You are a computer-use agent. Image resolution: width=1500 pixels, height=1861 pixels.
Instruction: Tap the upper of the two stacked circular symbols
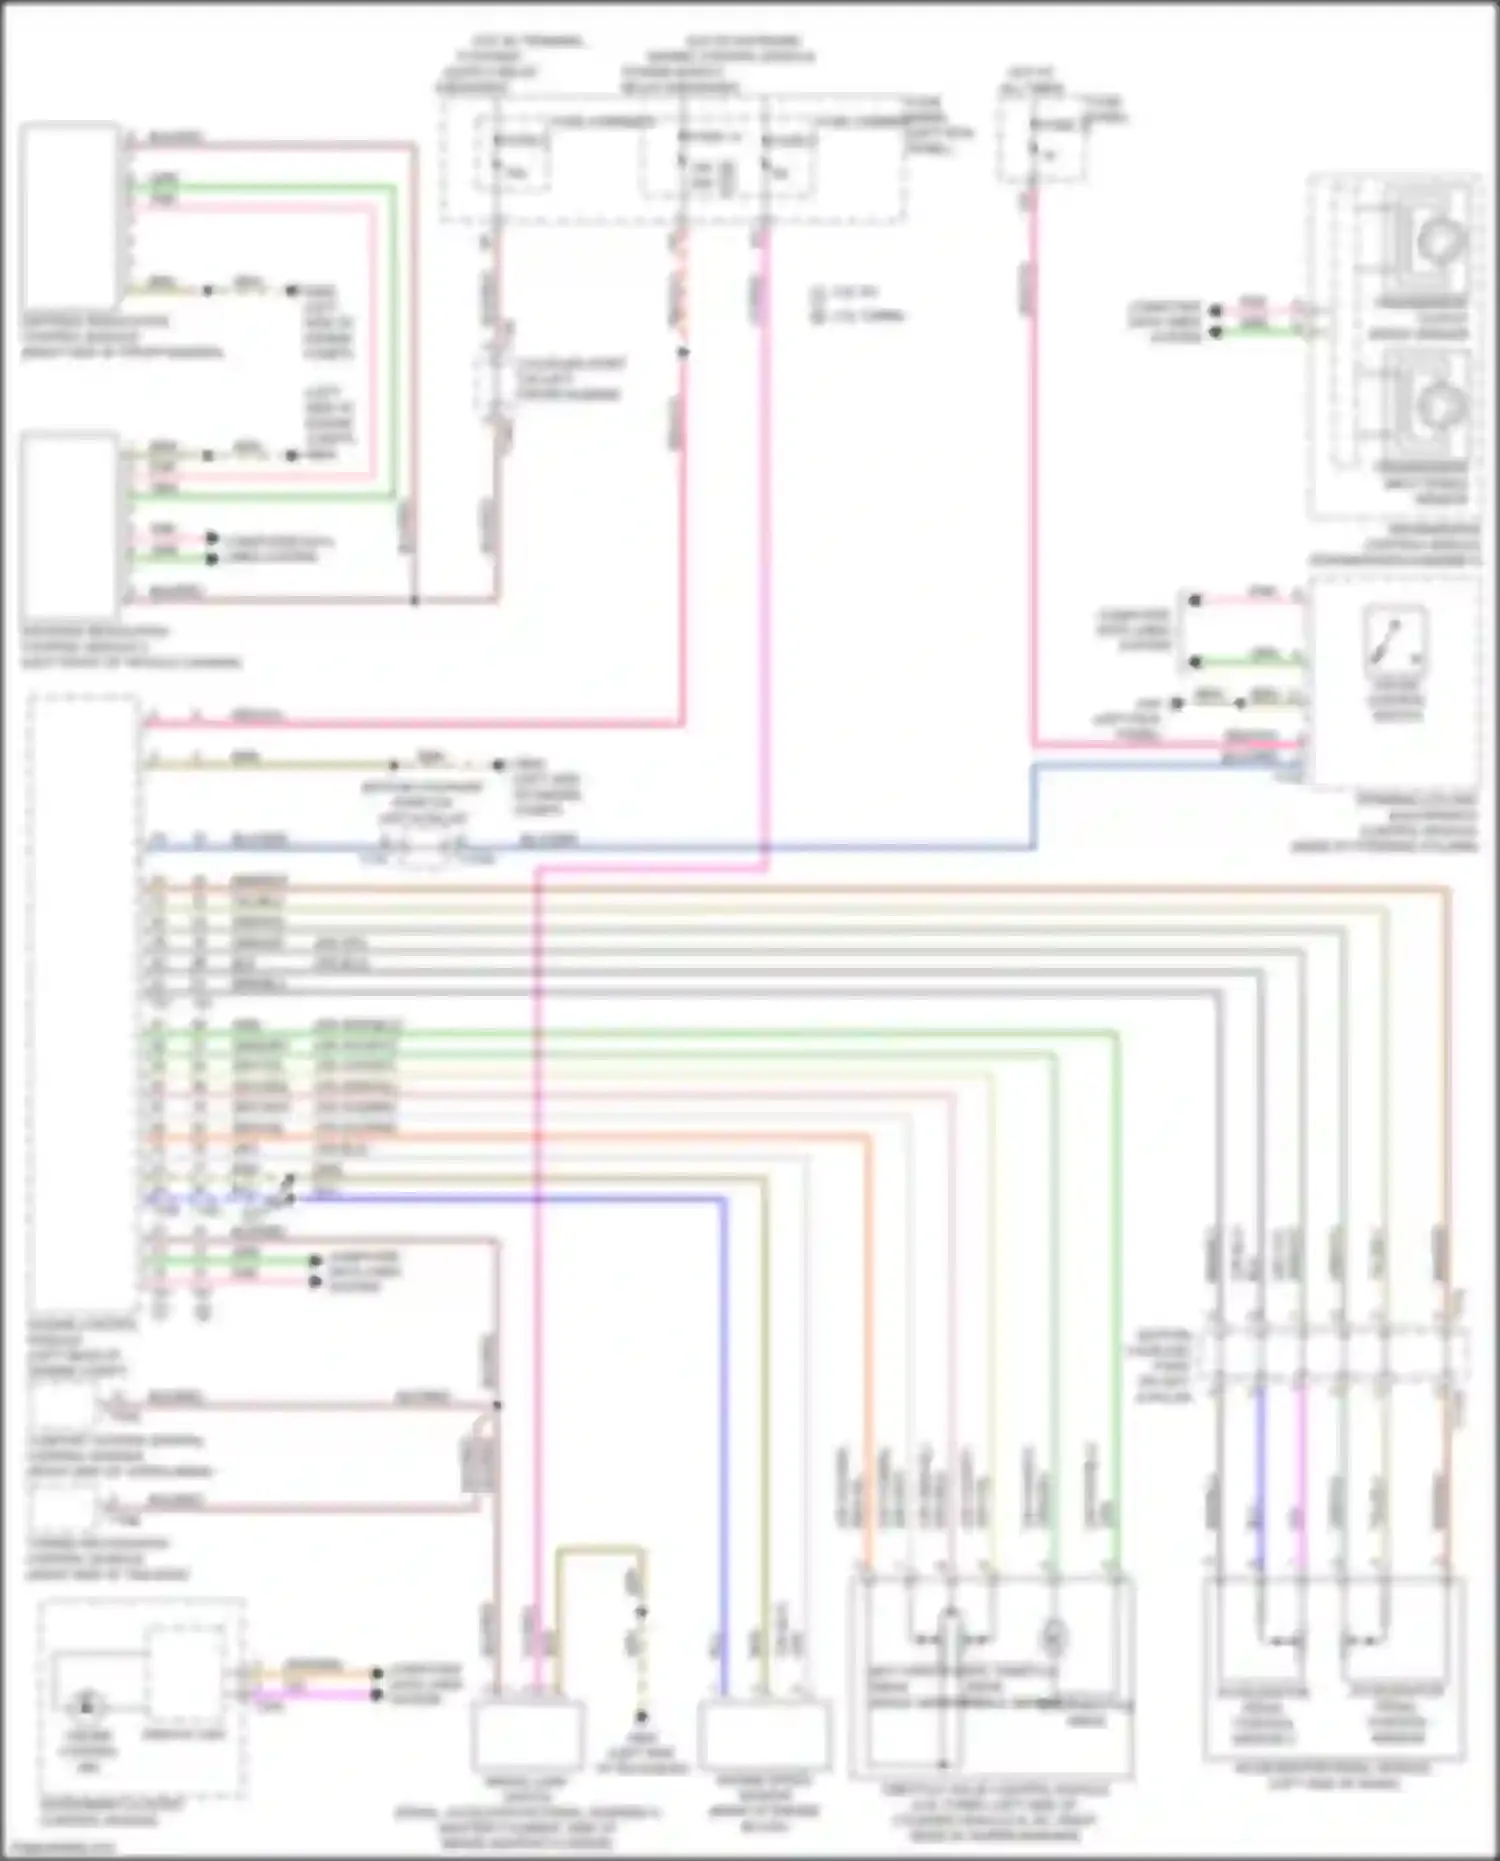pyautogui.click(x=1440, y=239)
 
